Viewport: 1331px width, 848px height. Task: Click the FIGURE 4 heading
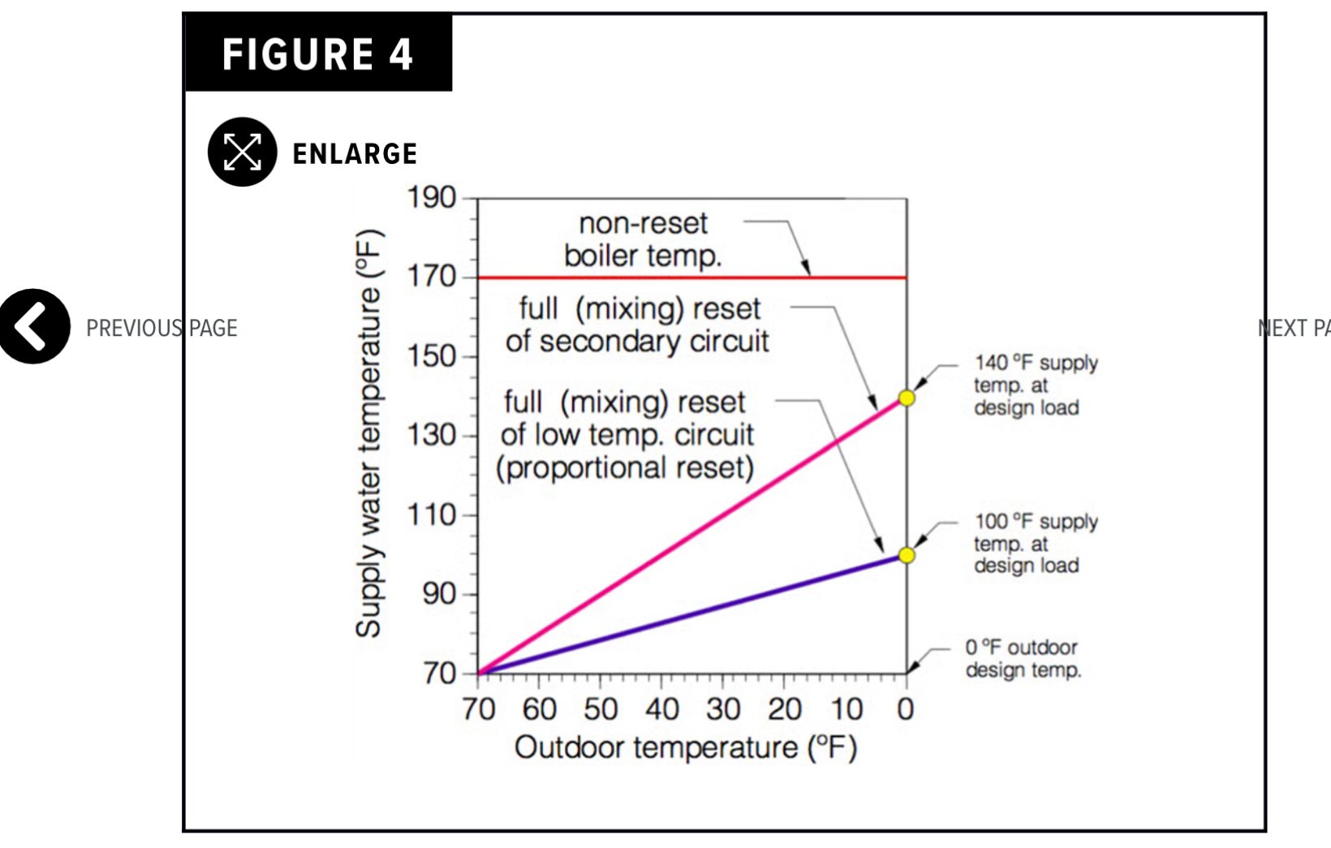tap(317, 55)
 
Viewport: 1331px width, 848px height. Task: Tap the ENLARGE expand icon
tap(242, 152)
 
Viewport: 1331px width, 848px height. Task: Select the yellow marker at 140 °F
tap(907, 398)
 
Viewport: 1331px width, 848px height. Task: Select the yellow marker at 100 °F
tap(907, 556)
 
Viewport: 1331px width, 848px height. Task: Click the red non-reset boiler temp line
tap(649, 278)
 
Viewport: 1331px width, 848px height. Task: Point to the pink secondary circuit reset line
tap(690, 536)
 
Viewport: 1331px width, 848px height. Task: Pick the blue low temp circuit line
tap(690, 615)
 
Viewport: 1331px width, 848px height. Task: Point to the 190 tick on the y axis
tap(432, 198)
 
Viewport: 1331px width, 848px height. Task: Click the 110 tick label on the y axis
tap(432, 514)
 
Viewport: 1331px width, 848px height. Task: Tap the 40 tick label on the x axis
tap(662, 710)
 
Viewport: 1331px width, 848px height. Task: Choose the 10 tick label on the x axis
tap(846, 710)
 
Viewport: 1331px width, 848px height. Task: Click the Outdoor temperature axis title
tap(686, 747)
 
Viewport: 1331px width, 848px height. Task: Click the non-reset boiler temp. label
tap(643, 240)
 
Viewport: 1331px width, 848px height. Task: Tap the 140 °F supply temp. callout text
tap(1034, 385)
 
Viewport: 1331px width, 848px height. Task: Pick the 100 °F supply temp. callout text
tap(1034, 543)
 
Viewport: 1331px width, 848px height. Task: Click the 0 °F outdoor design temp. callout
tap(1023, 659)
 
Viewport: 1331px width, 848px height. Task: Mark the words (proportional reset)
tap(625, 468)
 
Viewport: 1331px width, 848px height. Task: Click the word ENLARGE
tap(355, 153)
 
